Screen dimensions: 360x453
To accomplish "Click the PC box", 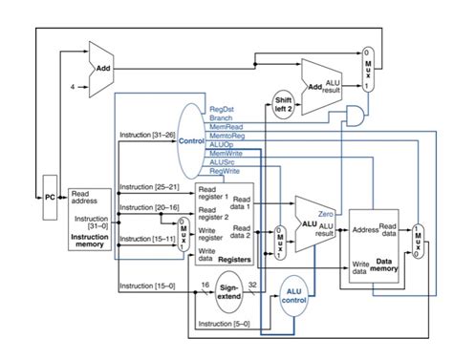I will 51,197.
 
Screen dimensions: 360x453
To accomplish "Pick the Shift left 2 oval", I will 284,105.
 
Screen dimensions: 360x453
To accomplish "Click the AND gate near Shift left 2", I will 354,116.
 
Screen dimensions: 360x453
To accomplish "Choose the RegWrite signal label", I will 224,171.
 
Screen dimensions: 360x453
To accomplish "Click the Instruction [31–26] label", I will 146,135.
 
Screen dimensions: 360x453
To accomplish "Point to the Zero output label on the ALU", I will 326,215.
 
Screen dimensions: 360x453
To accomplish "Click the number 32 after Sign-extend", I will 254,285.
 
